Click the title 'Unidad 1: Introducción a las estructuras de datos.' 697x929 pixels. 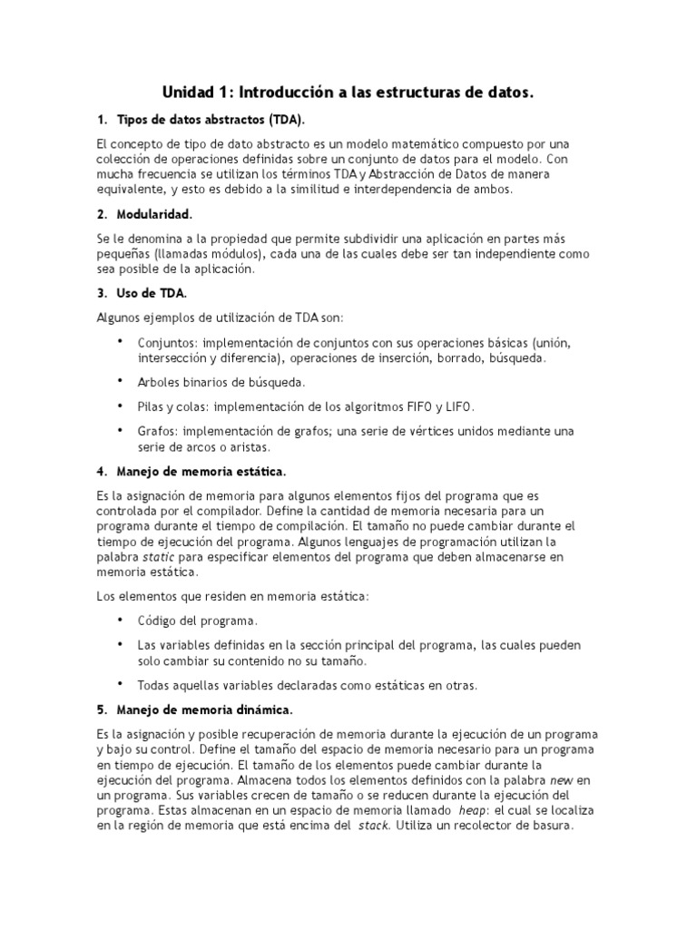[348, 93]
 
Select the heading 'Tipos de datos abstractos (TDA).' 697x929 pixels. [211, 120]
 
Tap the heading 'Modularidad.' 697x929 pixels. [154, 214]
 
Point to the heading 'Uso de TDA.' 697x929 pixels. [152, 293]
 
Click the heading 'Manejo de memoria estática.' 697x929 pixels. [201, 472]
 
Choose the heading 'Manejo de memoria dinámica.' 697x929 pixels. [204, 709]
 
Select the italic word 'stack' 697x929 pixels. [374, 826]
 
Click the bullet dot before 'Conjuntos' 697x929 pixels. [121, 341]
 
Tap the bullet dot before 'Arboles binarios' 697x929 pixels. [121, 380]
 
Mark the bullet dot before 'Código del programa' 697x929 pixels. [121, 620]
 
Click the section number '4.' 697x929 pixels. [102, 472]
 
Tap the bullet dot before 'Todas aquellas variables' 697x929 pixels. [121, 682]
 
